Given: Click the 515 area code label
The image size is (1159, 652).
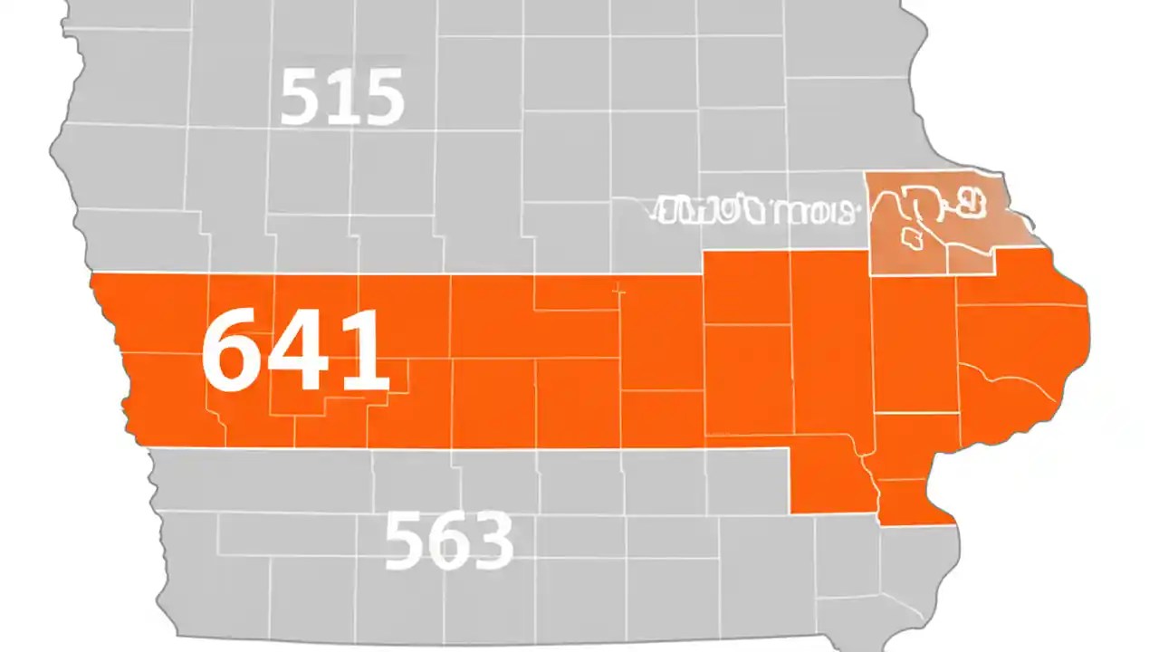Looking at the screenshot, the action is (x=341, y=97).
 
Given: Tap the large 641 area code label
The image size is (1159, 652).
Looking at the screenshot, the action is (x=294, y=350).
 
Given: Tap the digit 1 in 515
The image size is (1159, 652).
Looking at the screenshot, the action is (x=342, y=97).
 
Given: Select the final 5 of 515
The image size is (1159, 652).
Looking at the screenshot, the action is (x=381, y=97).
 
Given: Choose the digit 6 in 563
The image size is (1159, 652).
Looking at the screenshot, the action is (x=449, y=541).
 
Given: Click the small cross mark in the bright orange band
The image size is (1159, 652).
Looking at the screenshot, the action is (x=619, y=292).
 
